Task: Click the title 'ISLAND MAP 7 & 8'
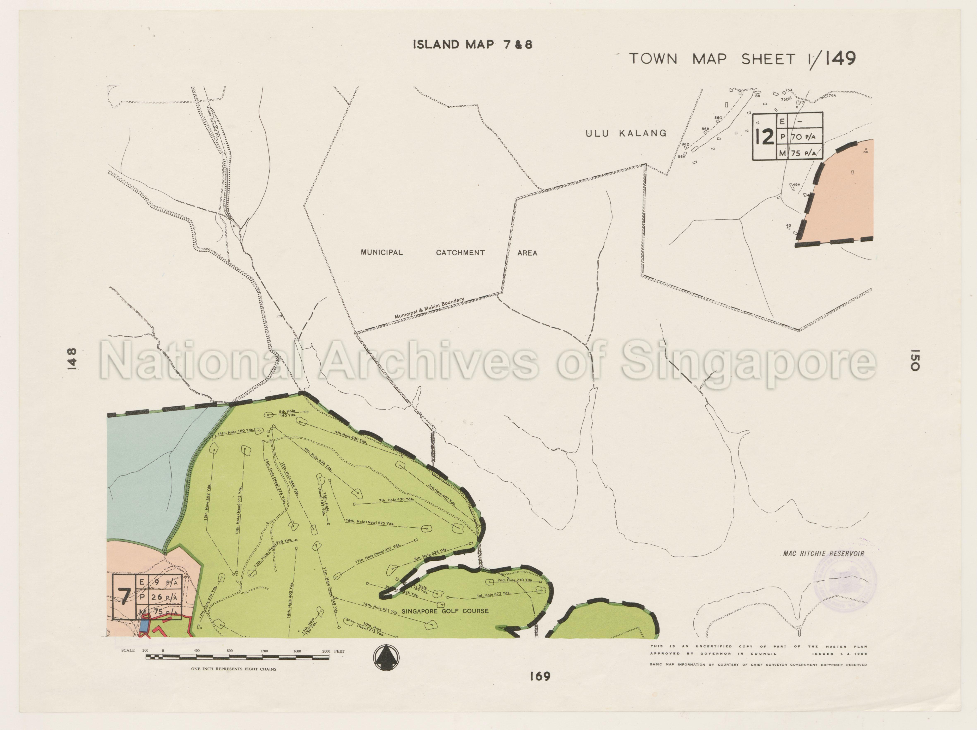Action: (x=472, y=45)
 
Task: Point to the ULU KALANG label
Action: (x=626, y=133)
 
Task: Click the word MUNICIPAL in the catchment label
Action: (x=382, y=253)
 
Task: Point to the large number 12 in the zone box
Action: (x=765, y=137)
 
